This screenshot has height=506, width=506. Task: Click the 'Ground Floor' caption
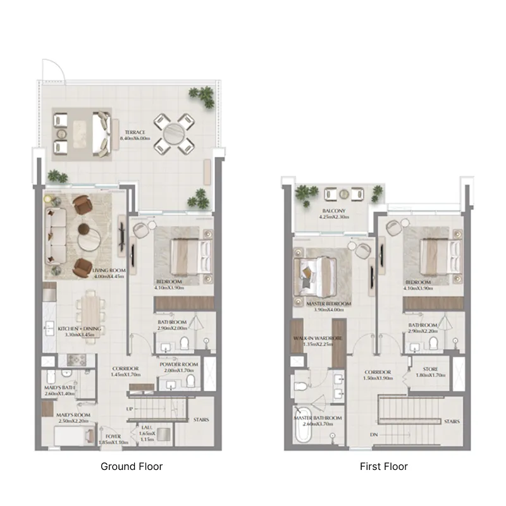click(x=132, y=467)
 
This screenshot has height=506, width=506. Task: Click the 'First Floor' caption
click(x=383, y=467)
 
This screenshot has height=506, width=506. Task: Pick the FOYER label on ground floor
click(x=114, y=436)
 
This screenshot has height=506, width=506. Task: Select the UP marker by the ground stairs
click(x=130, y=409)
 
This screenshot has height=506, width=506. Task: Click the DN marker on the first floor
click(x=374, y=435)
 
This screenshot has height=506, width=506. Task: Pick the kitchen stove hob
click(x=77, y=359)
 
